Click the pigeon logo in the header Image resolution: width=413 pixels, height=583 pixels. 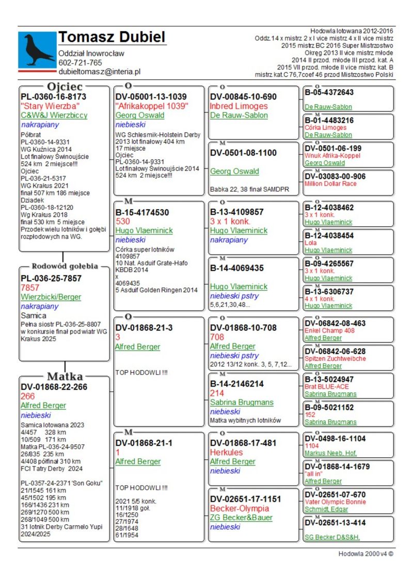pyautogui.click(x=37, y=49)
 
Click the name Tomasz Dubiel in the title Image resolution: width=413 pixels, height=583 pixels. pyautogui.click(x=112, y=37)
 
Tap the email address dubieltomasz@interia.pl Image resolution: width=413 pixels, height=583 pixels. pyautogui.click(x=100, y=72)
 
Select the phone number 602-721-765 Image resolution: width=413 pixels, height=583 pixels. pyautogui.click(x=80, y=63)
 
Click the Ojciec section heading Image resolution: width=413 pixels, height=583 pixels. pyautogui.click(x=65, y=87)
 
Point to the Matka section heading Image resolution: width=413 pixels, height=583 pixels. pyautogui.click(x=65, y=376)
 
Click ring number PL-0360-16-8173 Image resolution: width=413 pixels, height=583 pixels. pyautogui.click(x=53, y=97)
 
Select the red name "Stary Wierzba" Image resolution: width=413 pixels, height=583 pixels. pyautogui.click(x=50, y=106)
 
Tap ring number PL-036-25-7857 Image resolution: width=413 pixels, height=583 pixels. pyautogui.click(x=51, y=278)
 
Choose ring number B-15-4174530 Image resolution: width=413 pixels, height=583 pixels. pyautogui.click(x=142, y=212)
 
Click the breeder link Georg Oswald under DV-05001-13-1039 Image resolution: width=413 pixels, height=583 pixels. pyautogui.click(x=139, y=115)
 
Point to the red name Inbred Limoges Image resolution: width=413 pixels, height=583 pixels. pyautogui.click(x=239, y=106)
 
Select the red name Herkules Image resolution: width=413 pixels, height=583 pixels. pyautogui.click(x=226, y=452)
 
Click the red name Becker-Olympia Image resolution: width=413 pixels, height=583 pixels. pyautogui.click(x=237, y=508)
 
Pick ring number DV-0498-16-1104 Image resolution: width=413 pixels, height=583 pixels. pyautogui.click(x=335, y=439)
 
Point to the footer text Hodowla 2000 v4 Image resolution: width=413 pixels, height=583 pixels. pyautogui.click(x=366, y=554)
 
